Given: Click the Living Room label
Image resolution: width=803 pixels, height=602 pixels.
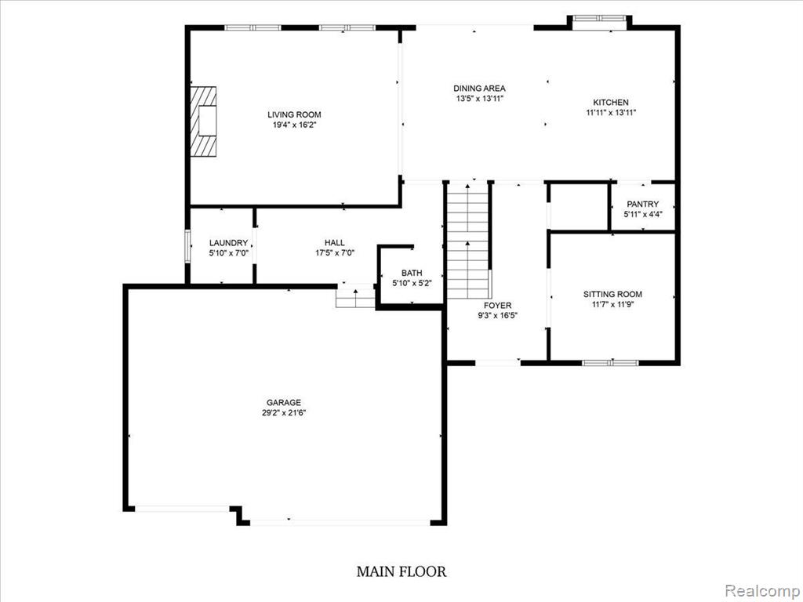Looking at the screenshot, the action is click(x=294, y=114).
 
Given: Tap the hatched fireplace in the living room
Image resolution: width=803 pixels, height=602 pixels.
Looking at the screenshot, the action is click(x=203, y=121).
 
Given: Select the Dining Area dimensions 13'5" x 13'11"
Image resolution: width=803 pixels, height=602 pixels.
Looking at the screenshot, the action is click(x=480, y=99).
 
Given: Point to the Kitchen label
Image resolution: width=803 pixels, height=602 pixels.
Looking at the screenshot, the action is click(x=611, y=103).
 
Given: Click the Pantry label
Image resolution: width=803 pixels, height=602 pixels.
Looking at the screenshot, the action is click(x=643, y=205).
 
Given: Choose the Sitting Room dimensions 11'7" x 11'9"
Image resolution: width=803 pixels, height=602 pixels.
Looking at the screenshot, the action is click(x=612, y=304).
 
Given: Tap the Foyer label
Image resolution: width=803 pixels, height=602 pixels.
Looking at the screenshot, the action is click(x=498, y=306).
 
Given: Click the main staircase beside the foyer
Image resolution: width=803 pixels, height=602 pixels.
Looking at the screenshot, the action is click(x=468, y=240).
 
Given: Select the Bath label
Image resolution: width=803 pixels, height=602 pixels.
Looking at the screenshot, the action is click(x=412, y=274).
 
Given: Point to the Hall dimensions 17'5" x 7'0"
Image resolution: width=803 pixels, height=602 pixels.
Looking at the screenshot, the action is click(x=335, y=252).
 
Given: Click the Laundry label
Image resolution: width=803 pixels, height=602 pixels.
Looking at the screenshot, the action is click(x=228, y=243).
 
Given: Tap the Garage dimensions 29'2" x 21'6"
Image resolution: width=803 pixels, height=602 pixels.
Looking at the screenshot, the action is click(x=284, y=412).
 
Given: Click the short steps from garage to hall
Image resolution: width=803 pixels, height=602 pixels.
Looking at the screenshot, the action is click(x=355, y=297).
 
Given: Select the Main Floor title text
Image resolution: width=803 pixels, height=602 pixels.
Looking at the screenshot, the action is click(x=401, y=571).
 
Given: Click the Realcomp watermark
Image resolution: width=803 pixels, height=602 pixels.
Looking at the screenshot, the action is click(x=762, y=591).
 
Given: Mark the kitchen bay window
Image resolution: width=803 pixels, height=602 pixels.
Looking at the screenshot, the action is click(x=599, y=20).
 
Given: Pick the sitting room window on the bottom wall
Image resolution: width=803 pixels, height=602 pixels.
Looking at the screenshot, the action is click(x=610, y=363).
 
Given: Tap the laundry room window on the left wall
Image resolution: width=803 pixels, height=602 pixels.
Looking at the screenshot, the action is click(x=187, y=247).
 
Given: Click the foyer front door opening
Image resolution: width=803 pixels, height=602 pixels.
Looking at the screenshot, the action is click(x=498, y=363).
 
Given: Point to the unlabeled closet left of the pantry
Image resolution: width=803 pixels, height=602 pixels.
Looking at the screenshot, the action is click(x=579, y=207).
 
